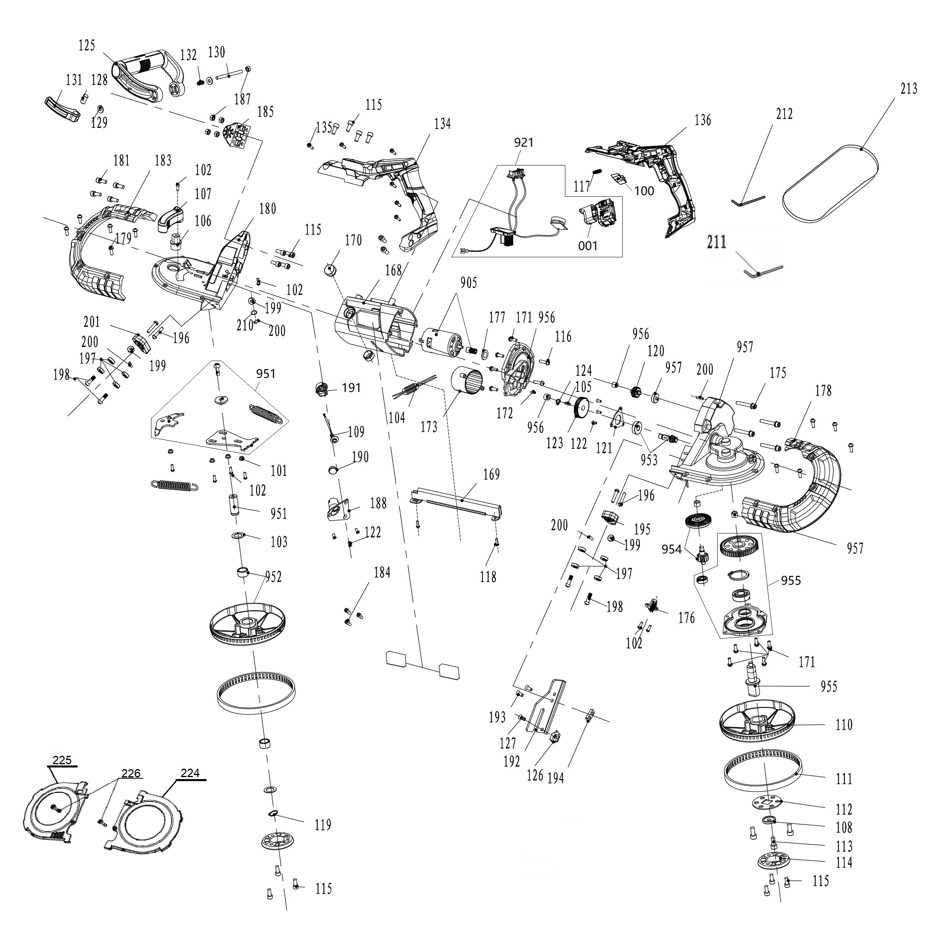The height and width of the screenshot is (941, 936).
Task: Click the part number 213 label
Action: (908, 89)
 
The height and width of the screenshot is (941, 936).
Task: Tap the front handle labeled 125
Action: (147, 77)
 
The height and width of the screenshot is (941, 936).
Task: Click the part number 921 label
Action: (524, 142)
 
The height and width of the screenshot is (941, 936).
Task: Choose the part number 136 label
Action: (702, 120)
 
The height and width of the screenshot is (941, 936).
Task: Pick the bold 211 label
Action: (716, 242)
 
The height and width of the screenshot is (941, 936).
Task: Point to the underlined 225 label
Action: (62, 760)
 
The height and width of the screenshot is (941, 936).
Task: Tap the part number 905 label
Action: (468, 283)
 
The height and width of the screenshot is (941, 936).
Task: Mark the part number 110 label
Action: (843, 725)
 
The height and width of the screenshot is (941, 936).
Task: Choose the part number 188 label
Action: (378, 503)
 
